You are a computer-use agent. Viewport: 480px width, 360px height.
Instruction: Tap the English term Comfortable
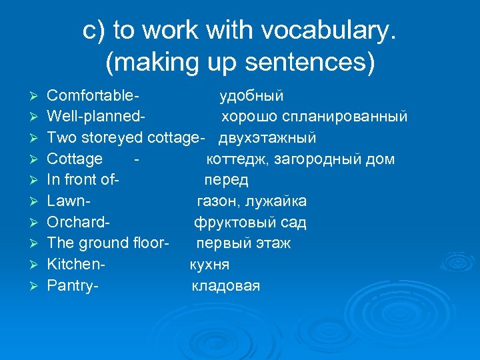pyautogui.click(x=96, y=96)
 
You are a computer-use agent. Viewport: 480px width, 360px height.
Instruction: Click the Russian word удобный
pyautogui.click(x=252, y=96)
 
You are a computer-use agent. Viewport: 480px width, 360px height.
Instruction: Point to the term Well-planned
pyautogui.click(x=95, y=117)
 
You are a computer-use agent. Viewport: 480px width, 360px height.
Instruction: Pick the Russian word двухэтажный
pyautogui.click(x=267, y=138)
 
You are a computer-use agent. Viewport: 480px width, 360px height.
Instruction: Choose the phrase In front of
pyautogui.click(x=81, y=181)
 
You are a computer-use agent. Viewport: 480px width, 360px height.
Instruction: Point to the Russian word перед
pyautogui.click(x=226, y=181)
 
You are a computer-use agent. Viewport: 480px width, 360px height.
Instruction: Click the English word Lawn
pyautogui.click(x=67, y=201)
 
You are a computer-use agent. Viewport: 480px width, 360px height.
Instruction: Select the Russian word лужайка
pyautogui.click(x=280, y=201)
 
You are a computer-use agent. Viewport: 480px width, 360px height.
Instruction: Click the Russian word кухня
pyautogui.click(x=209, y=265)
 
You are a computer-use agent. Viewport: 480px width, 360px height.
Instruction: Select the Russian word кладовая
pyautogui.click(x=226, y=286)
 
